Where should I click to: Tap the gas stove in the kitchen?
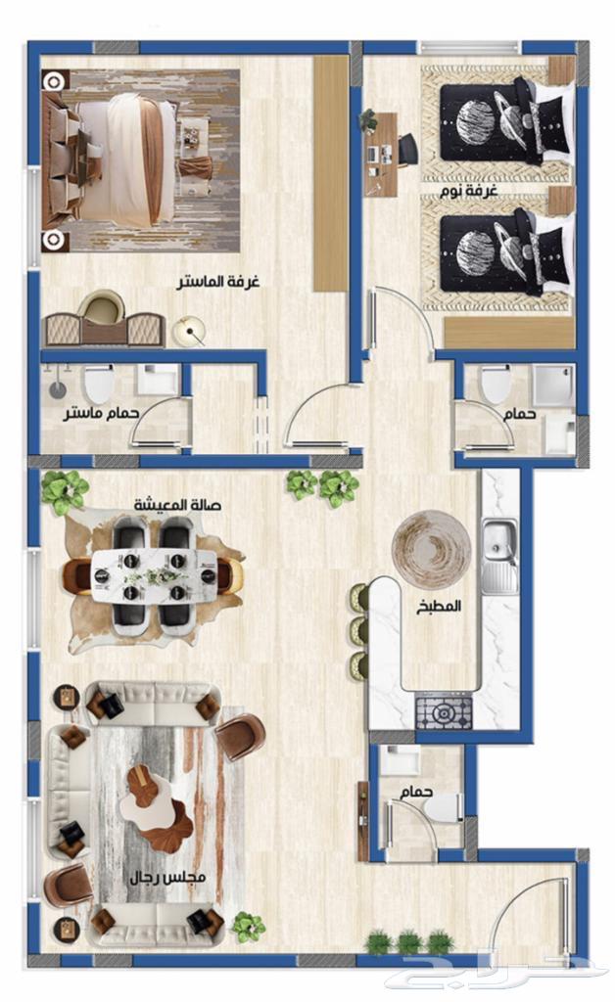445,710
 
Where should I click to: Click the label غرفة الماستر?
218,282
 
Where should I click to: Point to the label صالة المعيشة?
177,505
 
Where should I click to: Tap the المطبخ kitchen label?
439,607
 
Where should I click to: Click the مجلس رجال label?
167,878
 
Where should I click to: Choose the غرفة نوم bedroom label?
469,191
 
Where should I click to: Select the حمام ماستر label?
101,414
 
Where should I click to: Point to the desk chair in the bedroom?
407,151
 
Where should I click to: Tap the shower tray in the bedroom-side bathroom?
553,385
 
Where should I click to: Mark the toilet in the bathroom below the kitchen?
445,807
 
